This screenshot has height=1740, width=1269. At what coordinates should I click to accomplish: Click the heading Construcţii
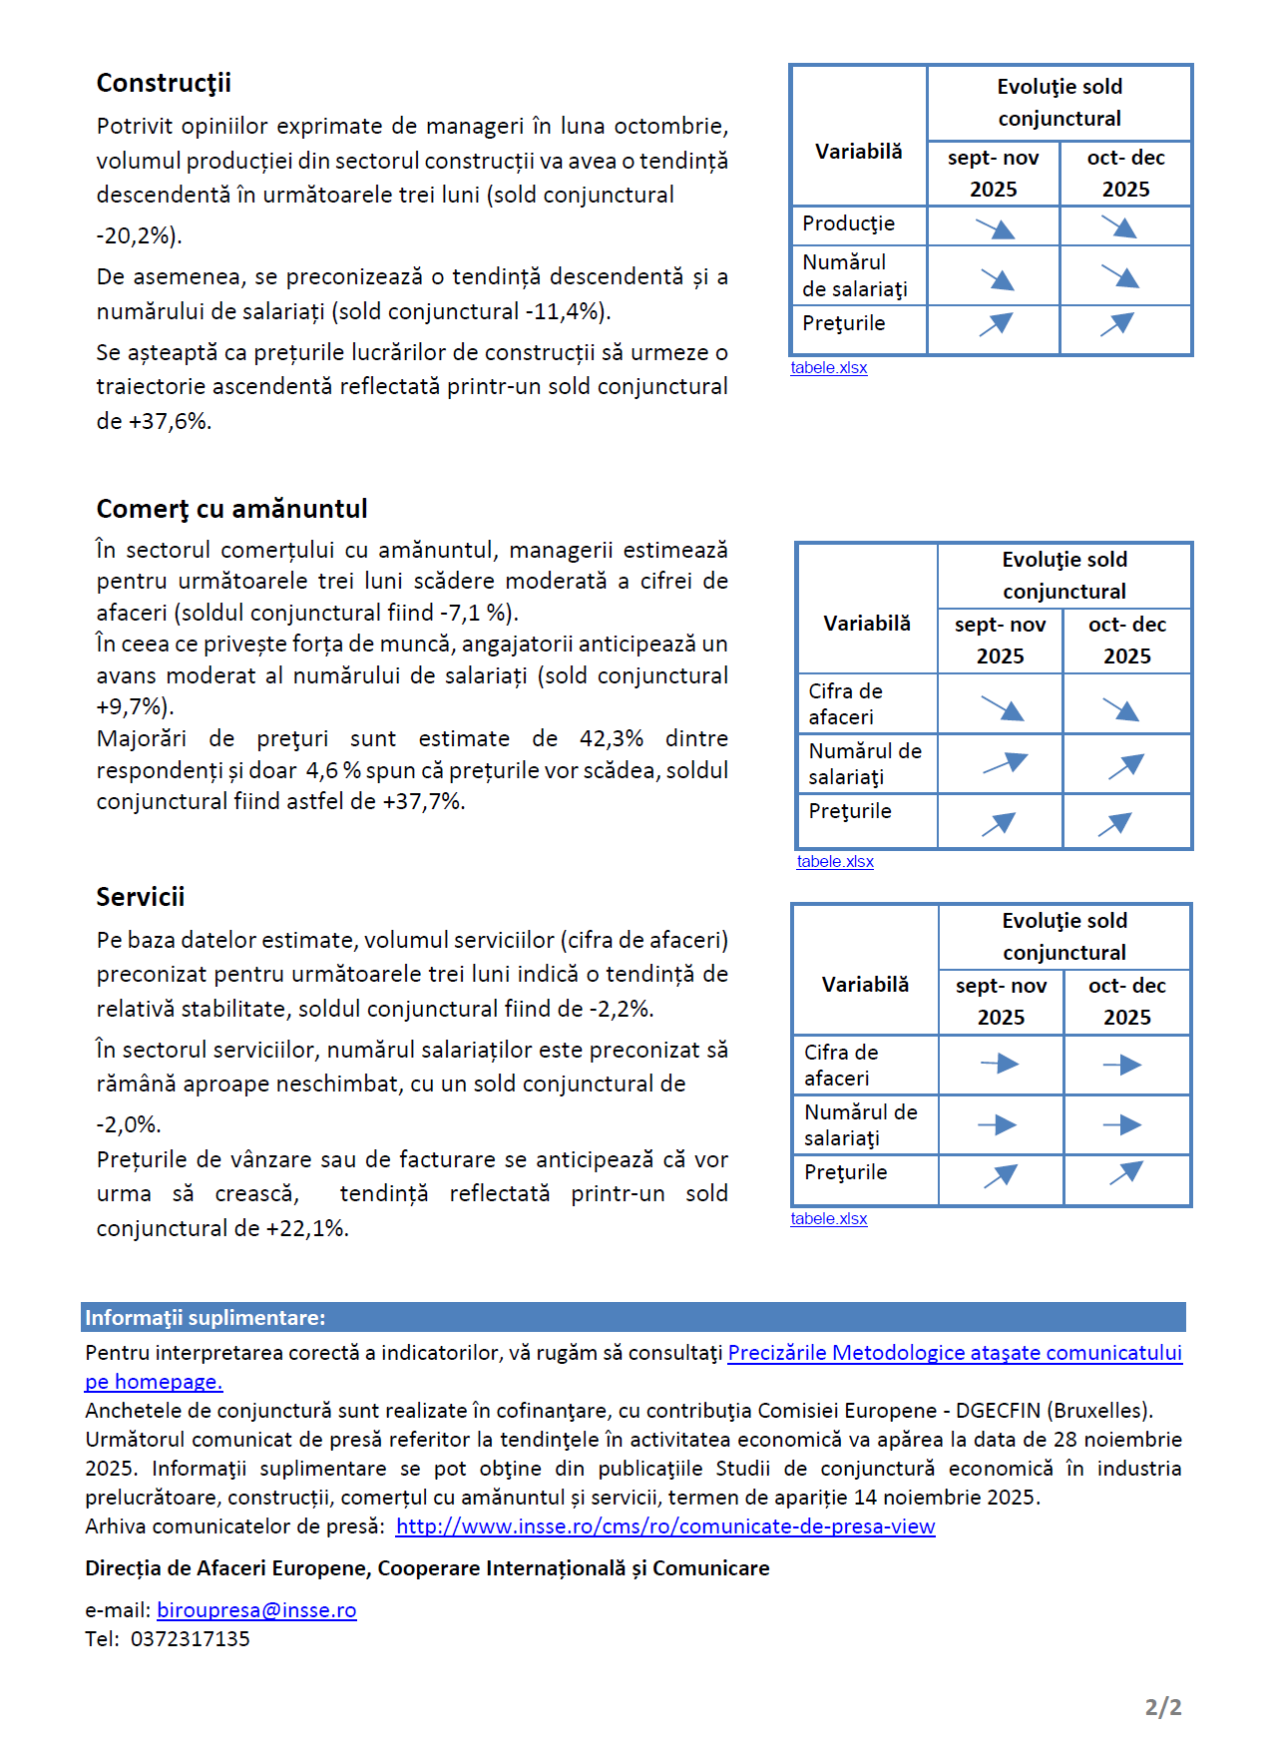pyautogui.click(x=164, y=83)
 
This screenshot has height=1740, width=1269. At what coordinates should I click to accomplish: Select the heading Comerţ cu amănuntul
pyautogui.click(x=231, y=509)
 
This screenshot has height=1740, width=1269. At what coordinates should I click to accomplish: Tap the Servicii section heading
pyautogui.click(x=141, y=897)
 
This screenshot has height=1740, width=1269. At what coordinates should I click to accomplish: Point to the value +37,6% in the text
pyautogui.click(x=169, y=421)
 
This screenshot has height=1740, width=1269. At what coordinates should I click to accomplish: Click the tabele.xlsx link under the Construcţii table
pyautogui.click(x=829, y=368)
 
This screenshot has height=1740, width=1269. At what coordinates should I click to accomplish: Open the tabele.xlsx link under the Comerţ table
pyautogui.click(x=835, y=862)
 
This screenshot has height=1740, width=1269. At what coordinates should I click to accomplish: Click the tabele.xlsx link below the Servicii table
pyautogui.click(x=829, y=1219)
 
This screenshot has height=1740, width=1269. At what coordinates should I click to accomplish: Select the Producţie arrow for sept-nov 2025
pyautogui.click(x=995, y=228)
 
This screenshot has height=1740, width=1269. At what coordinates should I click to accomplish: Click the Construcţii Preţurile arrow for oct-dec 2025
pyautogui.click(x=1118, y=324)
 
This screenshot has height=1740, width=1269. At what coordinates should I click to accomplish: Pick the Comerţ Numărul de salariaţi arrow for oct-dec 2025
pyautogui.click(x=1126, y=766)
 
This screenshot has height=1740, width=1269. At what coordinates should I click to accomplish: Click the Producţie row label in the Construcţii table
pyautogui.click(x=849, y=224)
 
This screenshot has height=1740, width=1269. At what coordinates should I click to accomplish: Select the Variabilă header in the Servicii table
pyautogui.click(x=865, y=985)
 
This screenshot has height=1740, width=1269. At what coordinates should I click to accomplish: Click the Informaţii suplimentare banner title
pyautogui.click(x=206, y=1318)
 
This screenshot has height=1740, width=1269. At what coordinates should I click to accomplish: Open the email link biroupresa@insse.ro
pyautogui.click(x=256, y=1610)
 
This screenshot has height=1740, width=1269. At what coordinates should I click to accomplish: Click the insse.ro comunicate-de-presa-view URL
pyautogui.click(x=665, y=1526)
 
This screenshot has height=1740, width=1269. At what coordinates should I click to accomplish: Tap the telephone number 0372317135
pyautogui.click(x=191, y=1639)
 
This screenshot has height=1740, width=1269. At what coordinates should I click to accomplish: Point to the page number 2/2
pyautogui.click(x=1163, y=1707)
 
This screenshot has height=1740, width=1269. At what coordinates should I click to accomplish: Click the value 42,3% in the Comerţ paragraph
pyautogui.click(x=611, y=739)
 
